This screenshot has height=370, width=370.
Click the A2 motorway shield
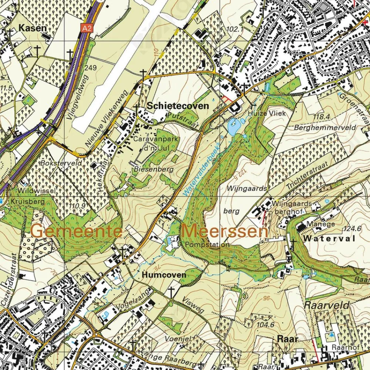click(87, 28)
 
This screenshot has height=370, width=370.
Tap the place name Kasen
click(33, 28)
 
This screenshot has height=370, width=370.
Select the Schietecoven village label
click(178, 106)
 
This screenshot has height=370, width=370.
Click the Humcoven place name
click(164, 275)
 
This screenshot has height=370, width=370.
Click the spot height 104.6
click(265, 325)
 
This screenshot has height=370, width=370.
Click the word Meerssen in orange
click(225, 231)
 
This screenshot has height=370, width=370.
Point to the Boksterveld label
click(57, 162)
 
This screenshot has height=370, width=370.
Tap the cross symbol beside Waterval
click(293, 243)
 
